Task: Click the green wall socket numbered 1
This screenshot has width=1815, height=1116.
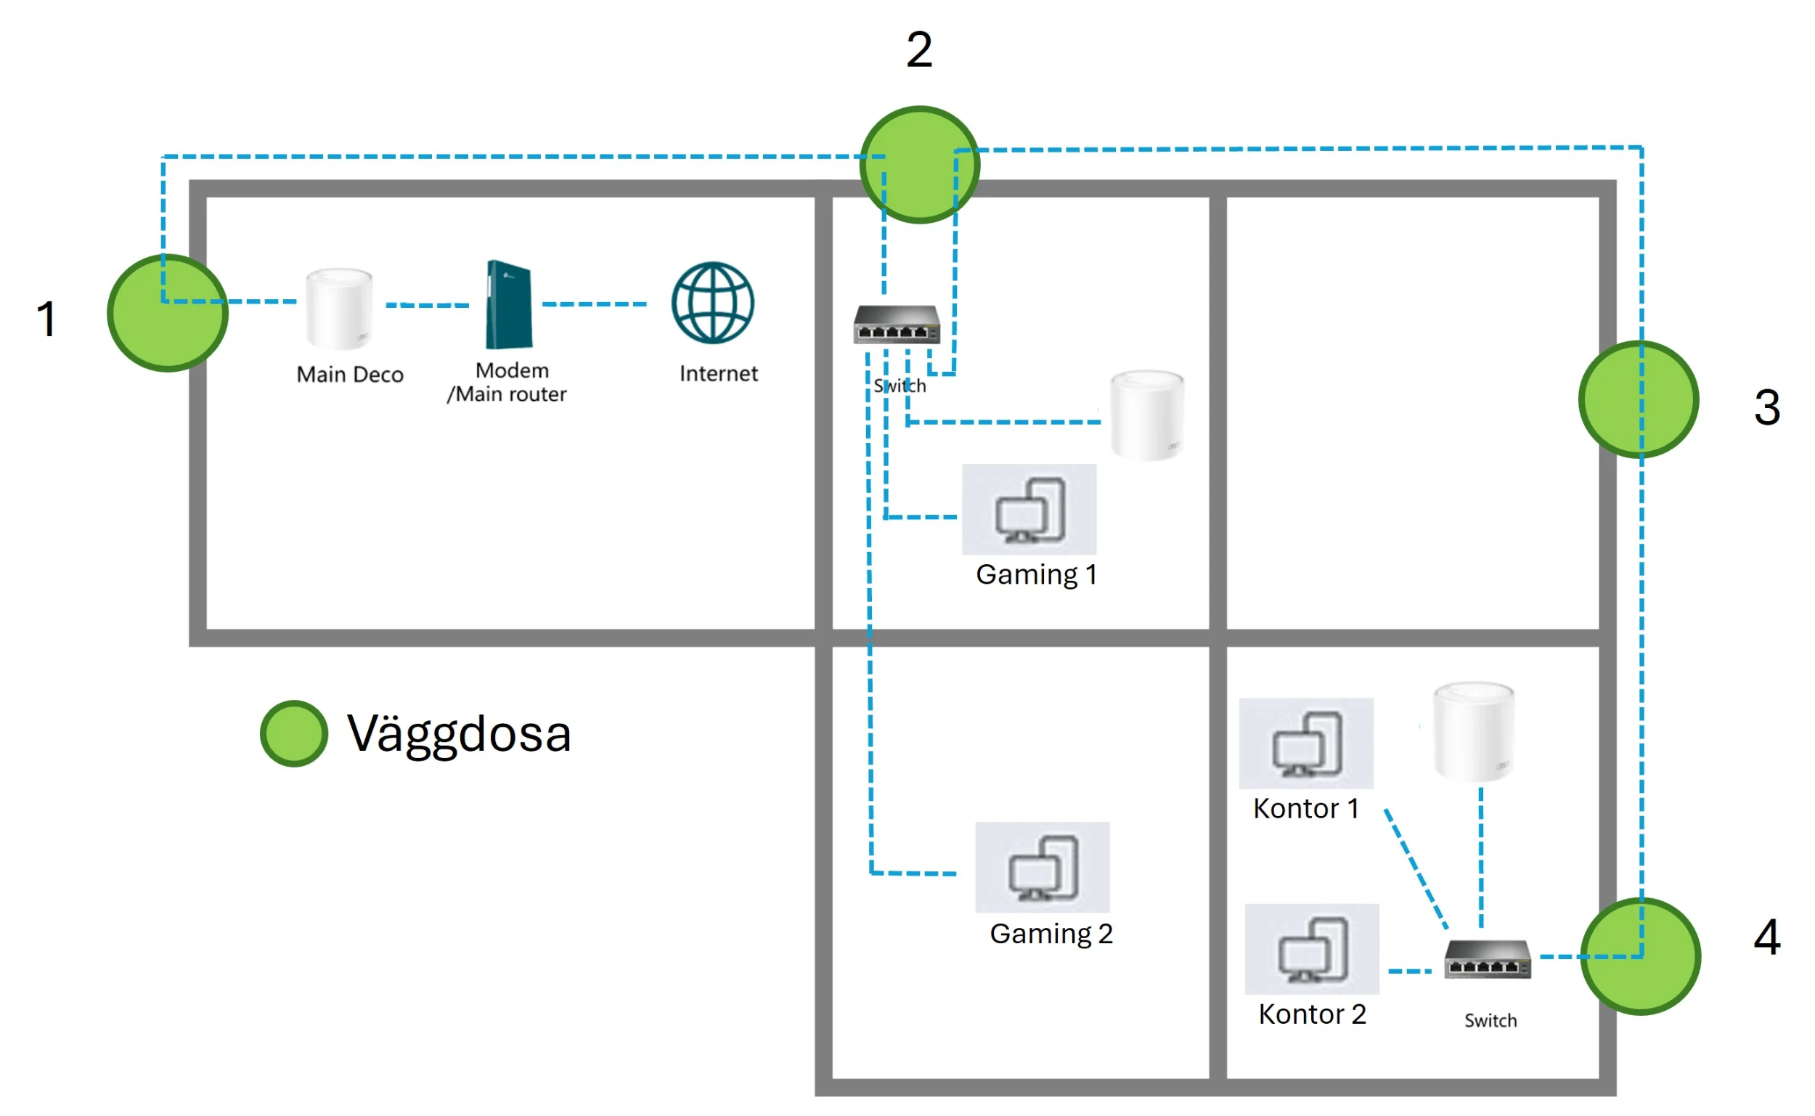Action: pos(168,313)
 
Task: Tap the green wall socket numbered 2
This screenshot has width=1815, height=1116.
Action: pos(919,165)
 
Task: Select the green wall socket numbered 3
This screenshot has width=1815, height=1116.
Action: pos(1639,399)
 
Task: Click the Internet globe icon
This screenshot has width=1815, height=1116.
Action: pos(713,303)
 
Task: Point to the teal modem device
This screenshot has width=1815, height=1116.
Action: pos(508,304)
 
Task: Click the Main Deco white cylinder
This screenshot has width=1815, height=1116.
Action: pos(339,309)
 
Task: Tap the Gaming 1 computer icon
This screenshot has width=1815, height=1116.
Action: pos(1029,509)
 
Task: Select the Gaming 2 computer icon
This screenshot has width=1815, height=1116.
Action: pos(1043,867)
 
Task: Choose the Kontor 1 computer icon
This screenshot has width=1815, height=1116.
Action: pos(1306,744)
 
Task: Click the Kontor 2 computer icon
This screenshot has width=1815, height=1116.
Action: pos(1312,949)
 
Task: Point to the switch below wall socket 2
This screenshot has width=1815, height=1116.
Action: pos(897,325)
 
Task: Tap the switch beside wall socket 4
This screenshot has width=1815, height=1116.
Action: pos(1488,959)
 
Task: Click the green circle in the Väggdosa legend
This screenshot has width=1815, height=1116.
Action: pos(293,733)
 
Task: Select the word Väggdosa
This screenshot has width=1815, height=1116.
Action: pos(459,734)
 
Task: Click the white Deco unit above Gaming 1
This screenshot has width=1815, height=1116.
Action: pos(1147,415)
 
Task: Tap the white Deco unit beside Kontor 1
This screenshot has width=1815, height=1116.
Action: pos(1473,731)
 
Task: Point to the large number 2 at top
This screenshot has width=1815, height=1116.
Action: pos(919,50)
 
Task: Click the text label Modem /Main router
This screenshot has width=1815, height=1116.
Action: pos(508,383)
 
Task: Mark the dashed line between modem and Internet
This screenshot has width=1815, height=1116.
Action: pos(594,304)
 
